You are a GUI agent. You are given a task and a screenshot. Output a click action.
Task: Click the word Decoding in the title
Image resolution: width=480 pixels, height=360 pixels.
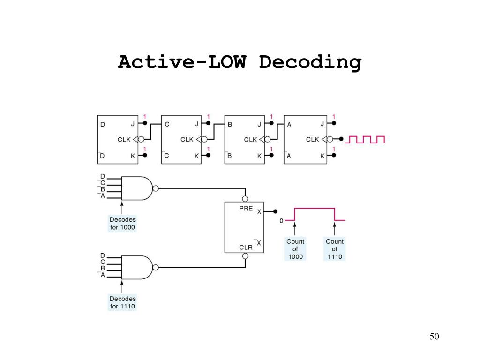click(310, 62)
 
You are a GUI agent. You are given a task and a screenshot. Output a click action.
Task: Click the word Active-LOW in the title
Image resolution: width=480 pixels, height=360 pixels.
click(182, 62)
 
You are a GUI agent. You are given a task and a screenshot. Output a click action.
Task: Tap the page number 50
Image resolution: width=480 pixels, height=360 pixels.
click(434, 337)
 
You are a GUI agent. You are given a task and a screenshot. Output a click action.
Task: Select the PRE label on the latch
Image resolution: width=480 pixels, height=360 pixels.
click(246, 209)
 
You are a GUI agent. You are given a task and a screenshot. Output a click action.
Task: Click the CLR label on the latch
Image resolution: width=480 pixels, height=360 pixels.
click(246, 247)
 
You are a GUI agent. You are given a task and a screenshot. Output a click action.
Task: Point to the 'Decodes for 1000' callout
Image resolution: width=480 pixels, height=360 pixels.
click(122, 223)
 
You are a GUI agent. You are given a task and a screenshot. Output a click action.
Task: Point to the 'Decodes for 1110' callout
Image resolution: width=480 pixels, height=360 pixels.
click(122, 302)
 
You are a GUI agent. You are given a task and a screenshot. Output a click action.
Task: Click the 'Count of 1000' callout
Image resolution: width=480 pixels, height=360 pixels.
click(295, 249)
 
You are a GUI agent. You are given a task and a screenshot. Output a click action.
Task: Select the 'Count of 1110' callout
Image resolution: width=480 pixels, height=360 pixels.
click(335, 249)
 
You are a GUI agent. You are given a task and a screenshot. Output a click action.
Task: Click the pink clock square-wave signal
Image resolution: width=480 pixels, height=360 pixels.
click(365, 140)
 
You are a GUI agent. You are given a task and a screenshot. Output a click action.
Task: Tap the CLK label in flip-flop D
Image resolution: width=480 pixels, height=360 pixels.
click(124, 140)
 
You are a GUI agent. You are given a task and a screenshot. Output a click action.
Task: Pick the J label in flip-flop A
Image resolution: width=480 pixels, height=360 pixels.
click(322, 124)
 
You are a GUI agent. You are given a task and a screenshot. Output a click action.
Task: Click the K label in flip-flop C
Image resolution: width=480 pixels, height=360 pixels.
click(196, 156)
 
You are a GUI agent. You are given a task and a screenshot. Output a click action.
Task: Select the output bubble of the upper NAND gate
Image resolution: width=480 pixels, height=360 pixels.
click(156, 188)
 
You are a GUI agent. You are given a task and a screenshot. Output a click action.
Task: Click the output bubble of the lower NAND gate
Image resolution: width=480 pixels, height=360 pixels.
click(156, 267)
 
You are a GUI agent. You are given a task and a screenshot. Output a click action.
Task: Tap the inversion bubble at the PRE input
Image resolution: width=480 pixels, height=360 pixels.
click(245, 199)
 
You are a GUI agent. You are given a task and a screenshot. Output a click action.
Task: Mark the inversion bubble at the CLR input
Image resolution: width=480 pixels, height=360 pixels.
click(245, 256)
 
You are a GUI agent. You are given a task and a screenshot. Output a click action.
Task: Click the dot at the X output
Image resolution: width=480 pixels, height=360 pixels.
click(275, 211)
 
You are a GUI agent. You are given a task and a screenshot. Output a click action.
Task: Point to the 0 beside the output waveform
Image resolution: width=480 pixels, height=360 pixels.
click(281, 221)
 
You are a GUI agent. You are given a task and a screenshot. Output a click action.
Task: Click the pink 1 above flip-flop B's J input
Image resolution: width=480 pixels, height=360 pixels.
click(271, 117)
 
